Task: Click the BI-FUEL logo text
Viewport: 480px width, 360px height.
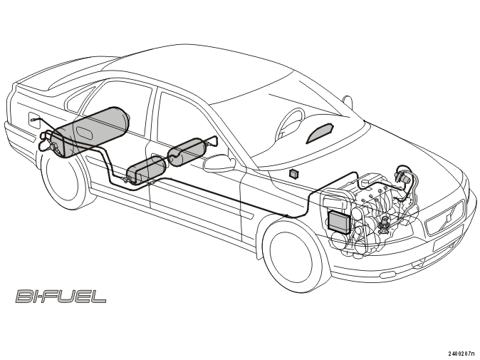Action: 61,297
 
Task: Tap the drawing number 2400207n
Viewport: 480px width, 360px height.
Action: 463,354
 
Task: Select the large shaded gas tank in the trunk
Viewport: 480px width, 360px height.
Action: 90,132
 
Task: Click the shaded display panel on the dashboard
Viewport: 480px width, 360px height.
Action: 320,133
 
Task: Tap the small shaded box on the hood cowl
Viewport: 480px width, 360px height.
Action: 294,173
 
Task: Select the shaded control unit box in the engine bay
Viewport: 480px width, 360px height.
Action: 338,221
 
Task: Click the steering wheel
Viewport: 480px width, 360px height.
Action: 288,125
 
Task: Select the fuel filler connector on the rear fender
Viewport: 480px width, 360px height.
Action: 33,119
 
